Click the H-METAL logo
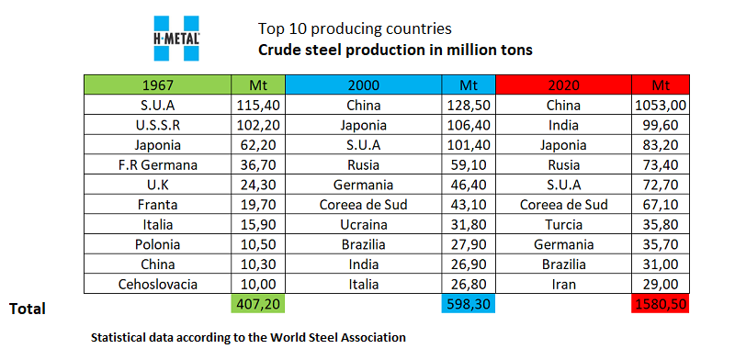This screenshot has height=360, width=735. point(176,39)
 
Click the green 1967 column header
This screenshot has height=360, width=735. point(157,84)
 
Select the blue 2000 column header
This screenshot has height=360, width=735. point(363,84)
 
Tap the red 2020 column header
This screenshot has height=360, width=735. point(563,84)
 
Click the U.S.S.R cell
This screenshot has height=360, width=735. point(157,125)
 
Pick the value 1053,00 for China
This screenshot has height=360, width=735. point(660,105)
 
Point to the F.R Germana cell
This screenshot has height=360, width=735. point(157,165)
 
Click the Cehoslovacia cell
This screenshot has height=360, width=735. point(157,284)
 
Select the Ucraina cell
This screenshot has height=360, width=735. point(363,224)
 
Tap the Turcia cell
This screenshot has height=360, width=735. point(563,224)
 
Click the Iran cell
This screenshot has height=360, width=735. point(563,284)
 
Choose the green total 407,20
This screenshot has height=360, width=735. point(258,304)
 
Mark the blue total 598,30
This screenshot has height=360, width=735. point(469,304)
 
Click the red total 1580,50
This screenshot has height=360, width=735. point(660,304)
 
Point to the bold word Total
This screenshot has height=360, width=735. point(28,309)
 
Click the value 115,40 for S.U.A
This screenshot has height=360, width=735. point(258,105)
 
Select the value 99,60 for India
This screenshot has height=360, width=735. point(660,125)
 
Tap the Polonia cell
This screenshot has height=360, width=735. point(157,244)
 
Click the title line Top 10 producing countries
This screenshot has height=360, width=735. point(355,29)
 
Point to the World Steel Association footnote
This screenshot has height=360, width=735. point(248,337)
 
